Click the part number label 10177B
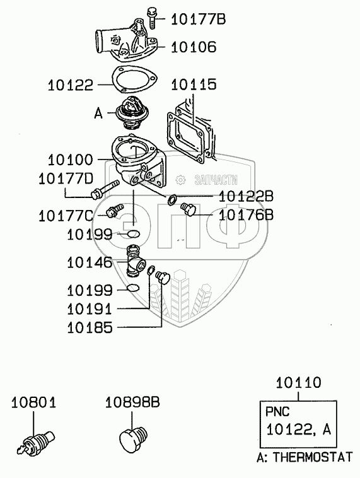[x=198, y=19]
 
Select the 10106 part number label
[x=194, y=47]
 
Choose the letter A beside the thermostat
[x=98, y=114]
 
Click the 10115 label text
[x=194, y=85]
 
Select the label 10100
[x=70, y=160]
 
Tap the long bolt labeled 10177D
[x=105, y=190]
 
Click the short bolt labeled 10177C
[x=114, y=211]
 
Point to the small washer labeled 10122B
[x=172, y=200]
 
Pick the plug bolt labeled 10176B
[x=188, y=209]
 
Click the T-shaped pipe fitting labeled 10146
[x=136, y=261]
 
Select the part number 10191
[x=90, y=309]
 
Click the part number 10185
[x=90, y=328]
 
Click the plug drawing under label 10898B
[x=133, y=439]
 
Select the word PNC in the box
[x=277, y=412]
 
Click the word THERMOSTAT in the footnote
[x=313, y=457]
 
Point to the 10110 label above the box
[x=298, y=383]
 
